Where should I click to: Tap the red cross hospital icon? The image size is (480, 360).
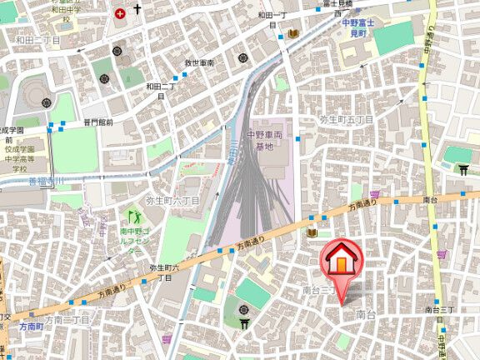click(x=121, y=12)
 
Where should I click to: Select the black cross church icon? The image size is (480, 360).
click(x=138, y=12)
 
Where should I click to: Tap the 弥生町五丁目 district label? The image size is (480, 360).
click(x=347, y=120)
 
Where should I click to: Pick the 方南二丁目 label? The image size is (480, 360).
click(x=66, y=320)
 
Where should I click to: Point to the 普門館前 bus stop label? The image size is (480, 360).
click(x=97, y=123)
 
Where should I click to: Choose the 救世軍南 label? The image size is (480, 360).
click(x=199, y=63)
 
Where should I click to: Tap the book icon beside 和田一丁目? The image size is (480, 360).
click(x=293, y=33)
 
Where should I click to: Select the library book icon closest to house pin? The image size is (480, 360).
click(x=312, y=233)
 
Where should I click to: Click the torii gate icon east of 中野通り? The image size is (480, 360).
click(x=463, y=170)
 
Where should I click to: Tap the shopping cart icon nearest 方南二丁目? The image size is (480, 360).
click(x=167, y=339)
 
